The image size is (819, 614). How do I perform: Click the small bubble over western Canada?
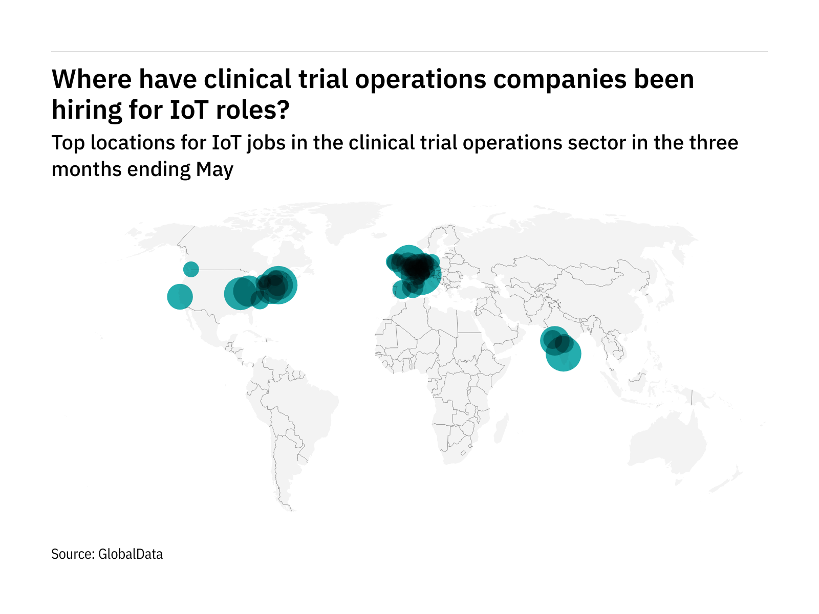(x=191, y=269)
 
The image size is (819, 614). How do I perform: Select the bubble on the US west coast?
(x=180, y=296)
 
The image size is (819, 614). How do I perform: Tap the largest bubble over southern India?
(x=564, y=353)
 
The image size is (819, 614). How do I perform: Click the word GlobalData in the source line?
(x=131, y=554)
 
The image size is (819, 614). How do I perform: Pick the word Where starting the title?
(x=91, y=79)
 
